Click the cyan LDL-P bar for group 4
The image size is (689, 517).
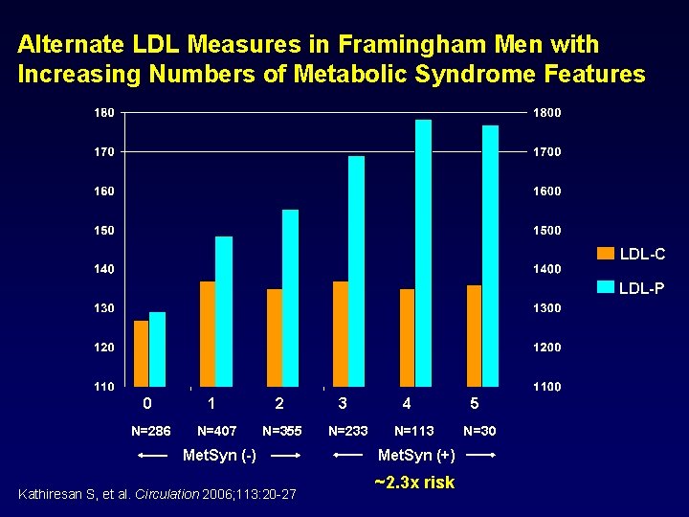(423, 253)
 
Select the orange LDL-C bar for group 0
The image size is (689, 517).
(142, 353)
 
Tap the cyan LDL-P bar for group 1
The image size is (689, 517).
(224, 311)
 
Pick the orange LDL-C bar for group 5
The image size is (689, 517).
(475, 335)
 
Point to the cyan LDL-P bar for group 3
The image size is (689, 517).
(356, 271)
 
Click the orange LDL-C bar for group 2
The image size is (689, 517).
(275, 337)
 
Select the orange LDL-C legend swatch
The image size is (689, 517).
(606, 254)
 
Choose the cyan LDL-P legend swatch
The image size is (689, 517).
(606, 286)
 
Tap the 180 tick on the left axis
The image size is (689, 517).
(103, 113)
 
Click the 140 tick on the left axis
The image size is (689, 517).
(103, 269)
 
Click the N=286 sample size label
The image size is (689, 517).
(151, 431)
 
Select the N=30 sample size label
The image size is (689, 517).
(479, 431)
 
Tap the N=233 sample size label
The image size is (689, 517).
(348, 431)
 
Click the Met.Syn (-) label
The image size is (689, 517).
(219, 454)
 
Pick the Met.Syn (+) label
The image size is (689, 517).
(416, 454)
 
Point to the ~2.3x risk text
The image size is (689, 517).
(414, 482)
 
